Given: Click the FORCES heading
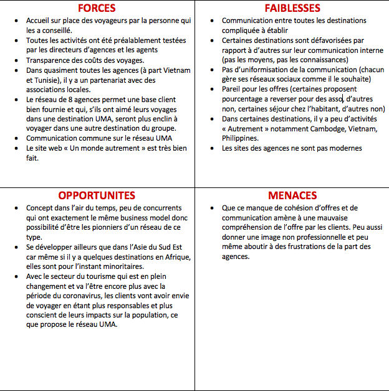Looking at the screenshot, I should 97,8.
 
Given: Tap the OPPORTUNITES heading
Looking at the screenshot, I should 97,195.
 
